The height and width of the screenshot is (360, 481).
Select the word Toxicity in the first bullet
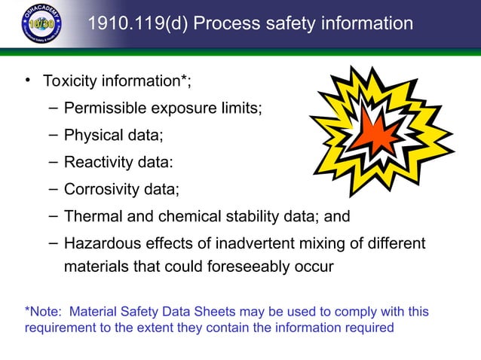[x=70, y=81]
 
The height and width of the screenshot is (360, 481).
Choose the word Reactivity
[x=97, y=162]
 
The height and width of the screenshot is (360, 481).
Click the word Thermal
[x=93, y=217]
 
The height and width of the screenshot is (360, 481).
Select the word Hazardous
[x=99, y=244]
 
